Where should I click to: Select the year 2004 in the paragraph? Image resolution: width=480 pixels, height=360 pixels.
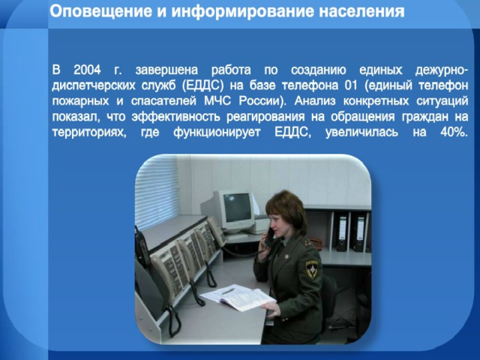click(x=87, y=70)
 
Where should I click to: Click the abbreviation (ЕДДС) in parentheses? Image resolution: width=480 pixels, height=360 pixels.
click(x=202, y=85)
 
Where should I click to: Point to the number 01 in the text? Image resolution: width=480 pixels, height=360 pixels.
click(x=351, y=85)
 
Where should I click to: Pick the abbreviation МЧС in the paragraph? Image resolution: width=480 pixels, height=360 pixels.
click(x=217, y=101)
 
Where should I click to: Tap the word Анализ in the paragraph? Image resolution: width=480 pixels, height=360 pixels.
click(x=315, y=101)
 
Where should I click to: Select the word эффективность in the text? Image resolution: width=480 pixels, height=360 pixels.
click(x=176, y=117)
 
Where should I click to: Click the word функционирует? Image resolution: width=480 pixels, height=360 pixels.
click(x=217, y=133)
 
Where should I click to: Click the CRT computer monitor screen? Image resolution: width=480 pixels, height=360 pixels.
click(x=237, y=207)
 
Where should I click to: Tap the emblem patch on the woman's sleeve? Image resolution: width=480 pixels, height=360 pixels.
click(x=312, y=269)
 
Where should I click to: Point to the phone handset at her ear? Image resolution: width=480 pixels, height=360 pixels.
click(x=270, y=237)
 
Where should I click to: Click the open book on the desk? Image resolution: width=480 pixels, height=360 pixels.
click(x=238, y=297)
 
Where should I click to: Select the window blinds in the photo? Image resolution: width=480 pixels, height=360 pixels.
click(x=157, y=192)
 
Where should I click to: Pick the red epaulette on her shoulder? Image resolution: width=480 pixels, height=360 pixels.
click(x=307, y=243)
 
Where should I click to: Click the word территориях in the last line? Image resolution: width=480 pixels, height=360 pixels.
click(x=89, y=133)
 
